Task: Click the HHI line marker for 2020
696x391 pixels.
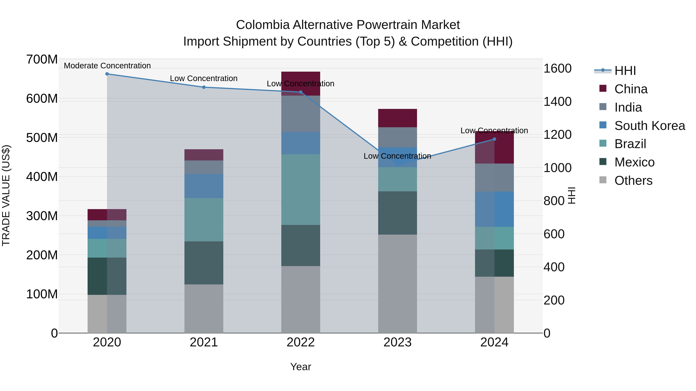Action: (107, 74)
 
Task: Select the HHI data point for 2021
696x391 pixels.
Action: (204, 87)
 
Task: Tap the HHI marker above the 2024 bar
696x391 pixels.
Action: (494, 139)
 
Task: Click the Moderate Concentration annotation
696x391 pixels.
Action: (107, 66)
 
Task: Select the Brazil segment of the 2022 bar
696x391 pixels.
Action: (300, 189)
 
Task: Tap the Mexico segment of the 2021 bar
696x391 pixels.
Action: (204, 263)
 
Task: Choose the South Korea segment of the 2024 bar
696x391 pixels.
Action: (494, 209)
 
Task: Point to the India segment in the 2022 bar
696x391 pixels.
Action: (300, 114)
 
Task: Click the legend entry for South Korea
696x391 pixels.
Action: (650, 126)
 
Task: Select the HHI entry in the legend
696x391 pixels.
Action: (625, 71)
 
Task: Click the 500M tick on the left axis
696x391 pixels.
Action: (42, 138)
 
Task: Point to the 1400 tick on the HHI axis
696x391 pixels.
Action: (557, 102)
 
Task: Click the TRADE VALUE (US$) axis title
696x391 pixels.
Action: (6, 195)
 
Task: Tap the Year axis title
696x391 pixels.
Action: (300, 367)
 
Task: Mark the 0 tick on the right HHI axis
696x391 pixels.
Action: (547, 333)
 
